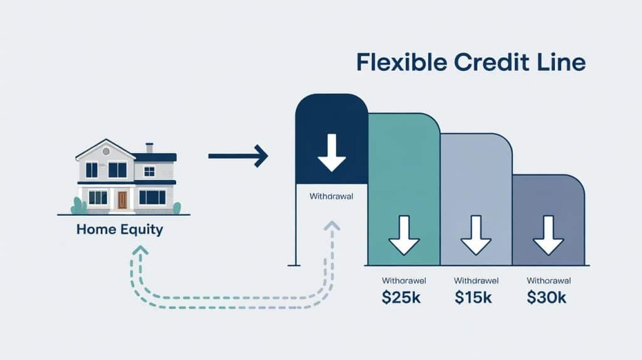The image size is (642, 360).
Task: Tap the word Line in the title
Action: click(x=563, y=63)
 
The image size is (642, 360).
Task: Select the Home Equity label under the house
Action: click(x=119, y=230)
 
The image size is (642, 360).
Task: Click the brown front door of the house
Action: click(x=122, y=199)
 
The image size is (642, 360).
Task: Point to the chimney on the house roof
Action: click(x=149, y=147)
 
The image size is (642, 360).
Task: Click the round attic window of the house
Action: click(x=105, y=151)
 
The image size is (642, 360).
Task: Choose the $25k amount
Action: click(x=401, y=298)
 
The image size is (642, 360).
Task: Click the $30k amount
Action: click(x=547, y=298)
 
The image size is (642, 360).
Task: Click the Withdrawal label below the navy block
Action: click(x=332, y=196)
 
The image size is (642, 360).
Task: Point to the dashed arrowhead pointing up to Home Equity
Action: click(x=141, y=250)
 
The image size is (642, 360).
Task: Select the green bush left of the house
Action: click(x=78, y=206)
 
